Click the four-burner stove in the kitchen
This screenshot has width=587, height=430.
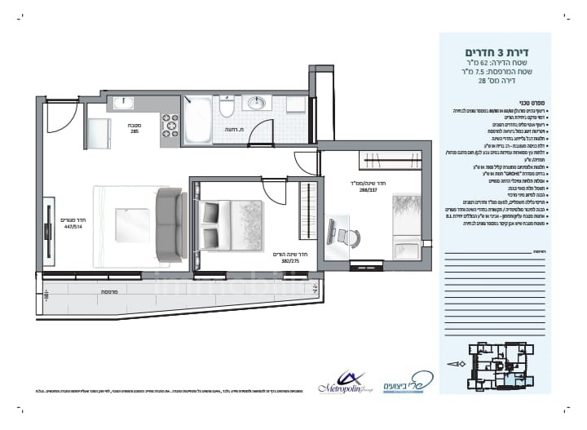pos(170,126)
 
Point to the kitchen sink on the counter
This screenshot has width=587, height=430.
pos(125,104)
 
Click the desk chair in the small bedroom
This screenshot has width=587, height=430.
pos(351,236)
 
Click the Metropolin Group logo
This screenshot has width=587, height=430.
pos(345,381)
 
